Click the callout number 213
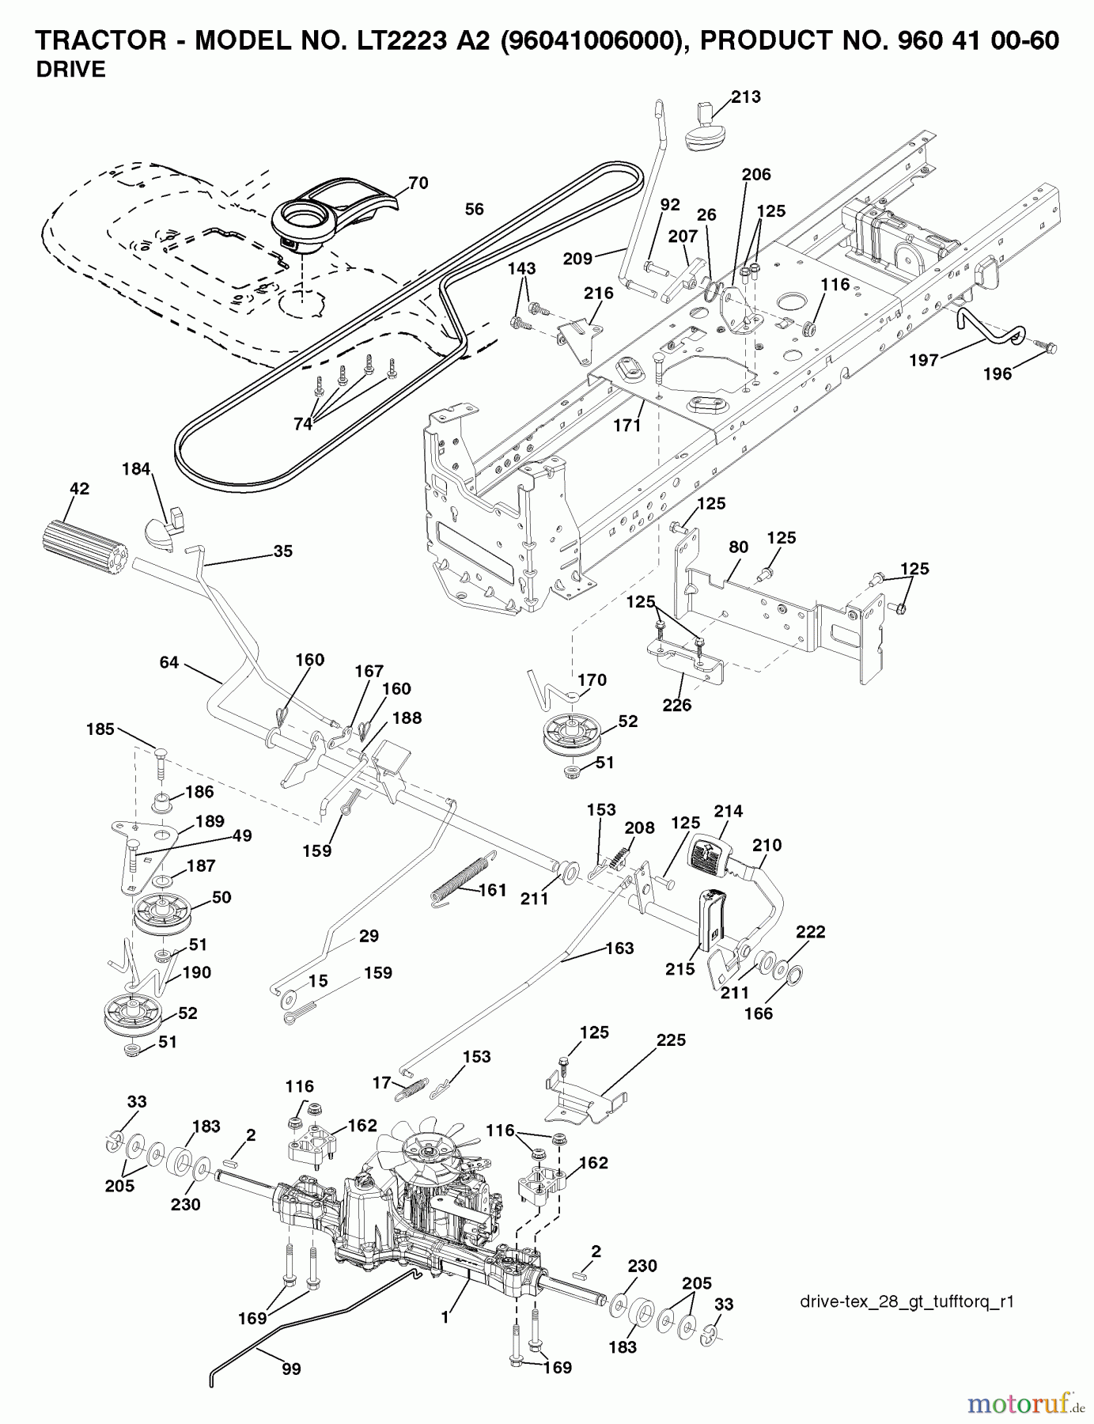coord(745,97)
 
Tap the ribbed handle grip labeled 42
coord(83,543)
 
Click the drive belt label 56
coord(474,209)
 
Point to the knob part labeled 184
coord(165,528)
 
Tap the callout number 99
coord(291,1369)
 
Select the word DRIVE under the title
coord(70,70)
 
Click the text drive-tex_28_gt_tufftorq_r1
coord(907,1302)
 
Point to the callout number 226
coord(676,704)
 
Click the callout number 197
coord(923,361)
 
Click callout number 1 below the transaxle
coord(445,1318)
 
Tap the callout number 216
coord(598,294)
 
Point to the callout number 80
coord(738,547)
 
